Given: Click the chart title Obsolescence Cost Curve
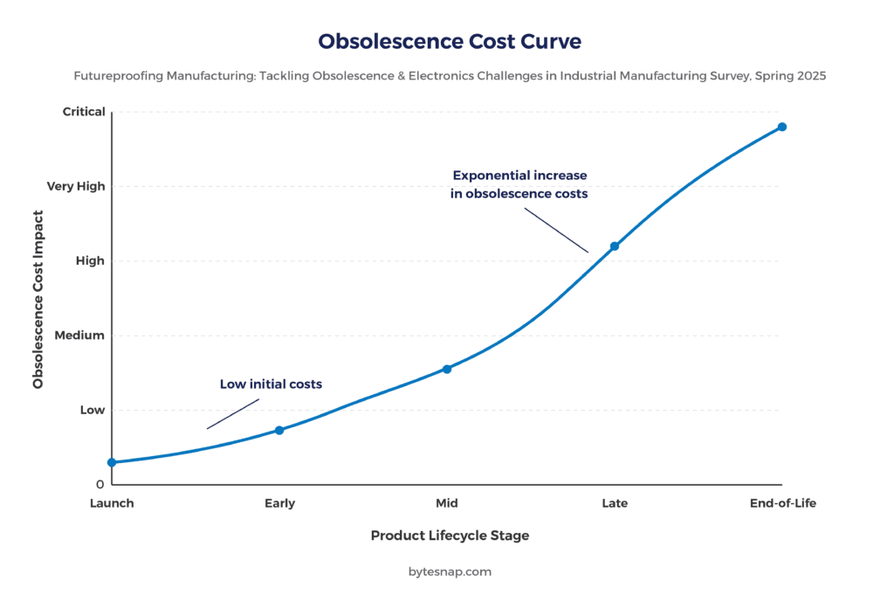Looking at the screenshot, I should (x=449, y=41).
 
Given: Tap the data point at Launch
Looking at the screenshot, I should (x=112, y=462).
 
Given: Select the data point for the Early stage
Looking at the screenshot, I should (x=279, y=430).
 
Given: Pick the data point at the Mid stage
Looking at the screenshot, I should (x=447, y=369).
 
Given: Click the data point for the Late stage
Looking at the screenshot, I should (x=615, y=246).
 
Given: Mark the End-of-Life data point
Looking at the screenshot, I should (x=782, y=127).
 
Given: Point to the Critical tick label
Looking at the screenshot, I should (x=84, y=112).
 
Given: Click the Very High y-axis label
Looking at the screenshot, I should (x=76, y=186).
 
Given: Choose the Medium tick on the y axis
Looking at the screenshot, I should (x=80, y=336).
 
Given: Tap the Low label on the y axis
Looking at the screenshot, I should (x=93, y=410).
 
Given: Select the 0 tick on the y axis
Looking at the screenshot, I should (x=100, y=484).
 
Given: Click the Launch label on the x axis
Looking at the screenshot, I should (x=112, y=503).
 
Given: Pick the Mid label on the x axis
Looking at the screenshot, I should (x=447, y=503).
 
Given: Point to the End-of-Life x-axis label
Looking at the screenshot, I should (x=783, y=503).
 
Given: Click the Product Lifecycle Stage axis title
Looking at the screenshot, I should (x=450, y=536).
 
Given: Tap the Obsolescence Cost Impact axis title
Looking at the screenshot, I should (x=38, y=299).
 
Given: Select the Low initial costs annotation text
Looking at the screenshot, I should (x=271, y=384).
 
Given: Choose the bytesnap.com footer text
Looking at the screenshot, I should (x=450, y=571).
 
